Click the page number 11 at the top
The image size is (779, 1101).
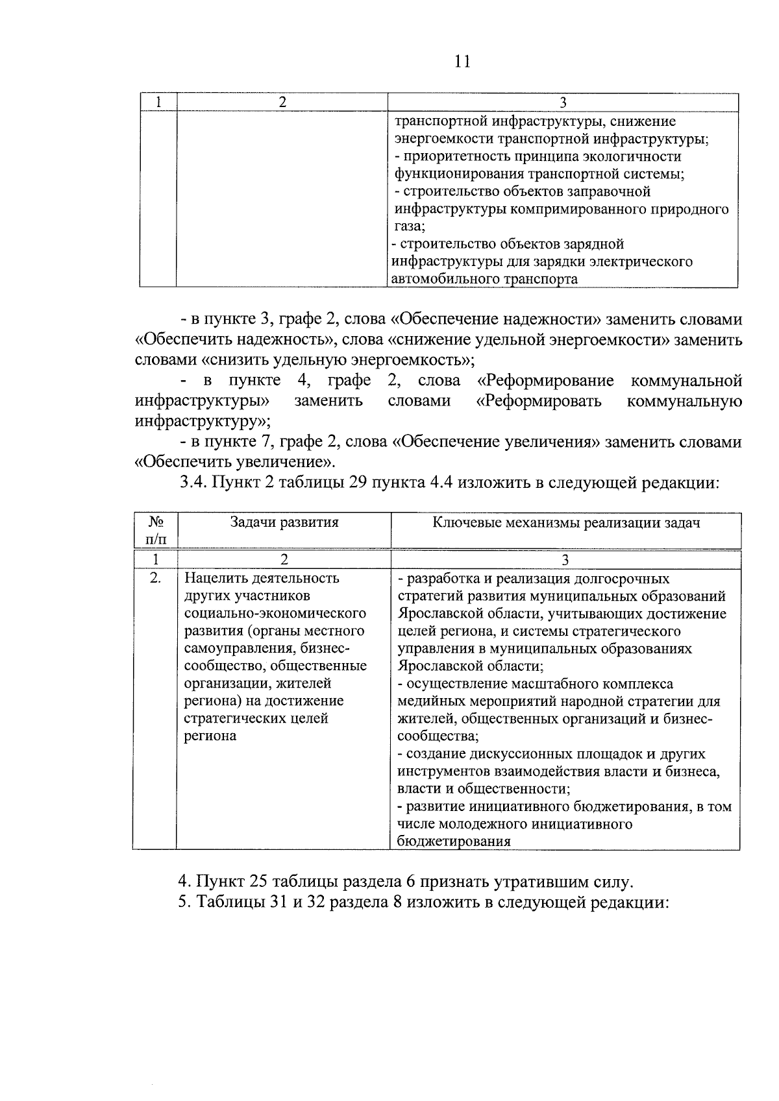pos(462,61)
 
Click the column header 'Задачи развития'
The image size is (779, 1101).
pos(284,522)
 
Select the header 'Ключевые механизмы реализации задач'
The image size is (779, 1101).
pos(565,522)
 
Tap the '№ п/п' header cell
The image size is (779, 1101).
pos(155,530)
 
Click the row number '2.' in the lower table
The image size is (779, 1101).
pos(155,578)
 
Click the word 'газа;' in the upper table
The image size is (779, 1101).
pos(409,226)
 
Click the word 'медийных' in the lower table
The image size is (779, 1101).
pos(427,701)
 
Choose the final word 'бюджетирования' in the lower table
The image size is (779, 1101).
pos(454,841)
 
